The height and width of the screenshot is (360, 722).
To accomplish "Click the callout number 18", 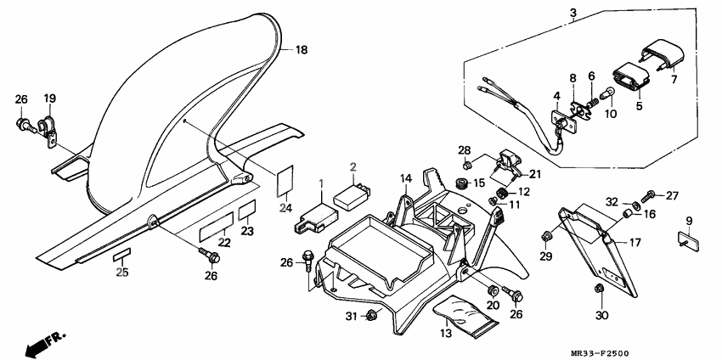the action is click(x=301, y=50).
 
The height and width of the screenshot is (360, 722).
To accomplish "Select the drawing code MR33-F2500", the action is click(x=600, y=353).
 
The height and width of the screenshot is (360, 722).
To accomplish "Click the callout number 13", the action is click(x=446, y=334).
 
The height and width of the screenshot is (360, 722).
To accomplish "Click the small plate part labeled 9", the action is click(x=689, y=241).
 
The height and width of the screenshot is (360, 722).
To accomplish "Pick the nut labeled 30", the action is click(x=599, y=289).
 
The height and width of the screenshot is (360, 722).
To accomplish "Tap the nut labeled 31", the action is click(x=370, y=315).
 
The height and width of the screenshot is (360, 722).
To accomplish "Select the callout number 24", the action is click(x=285, y=208).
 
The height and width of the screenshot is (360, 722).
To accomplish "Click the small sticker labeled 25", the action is click(x=122, y=255).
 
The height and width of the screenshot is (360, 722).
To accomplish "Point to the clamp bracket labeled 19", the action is click(x=48, y=132).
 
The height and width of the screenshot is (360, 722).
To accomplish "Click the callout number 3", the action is click(x=573, y=13).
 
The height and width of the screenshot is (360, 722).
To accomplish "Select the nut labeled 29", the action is click(x=546, y=237).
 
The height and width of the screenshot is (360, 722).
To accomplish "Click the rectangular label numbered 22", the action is click(x=217, y=228).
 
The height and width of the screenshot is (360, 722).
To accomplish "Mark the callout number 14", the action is click(x=406, y=178).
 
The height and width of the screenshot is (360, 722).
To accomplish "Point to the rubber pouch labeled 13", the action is click(x=466, y=318).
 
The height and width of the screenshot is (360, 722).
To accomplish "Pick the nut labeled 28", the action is click(x=466, y=165).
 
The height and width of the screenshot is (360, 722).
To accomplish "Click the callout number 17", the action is click(x=635, y=242).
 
